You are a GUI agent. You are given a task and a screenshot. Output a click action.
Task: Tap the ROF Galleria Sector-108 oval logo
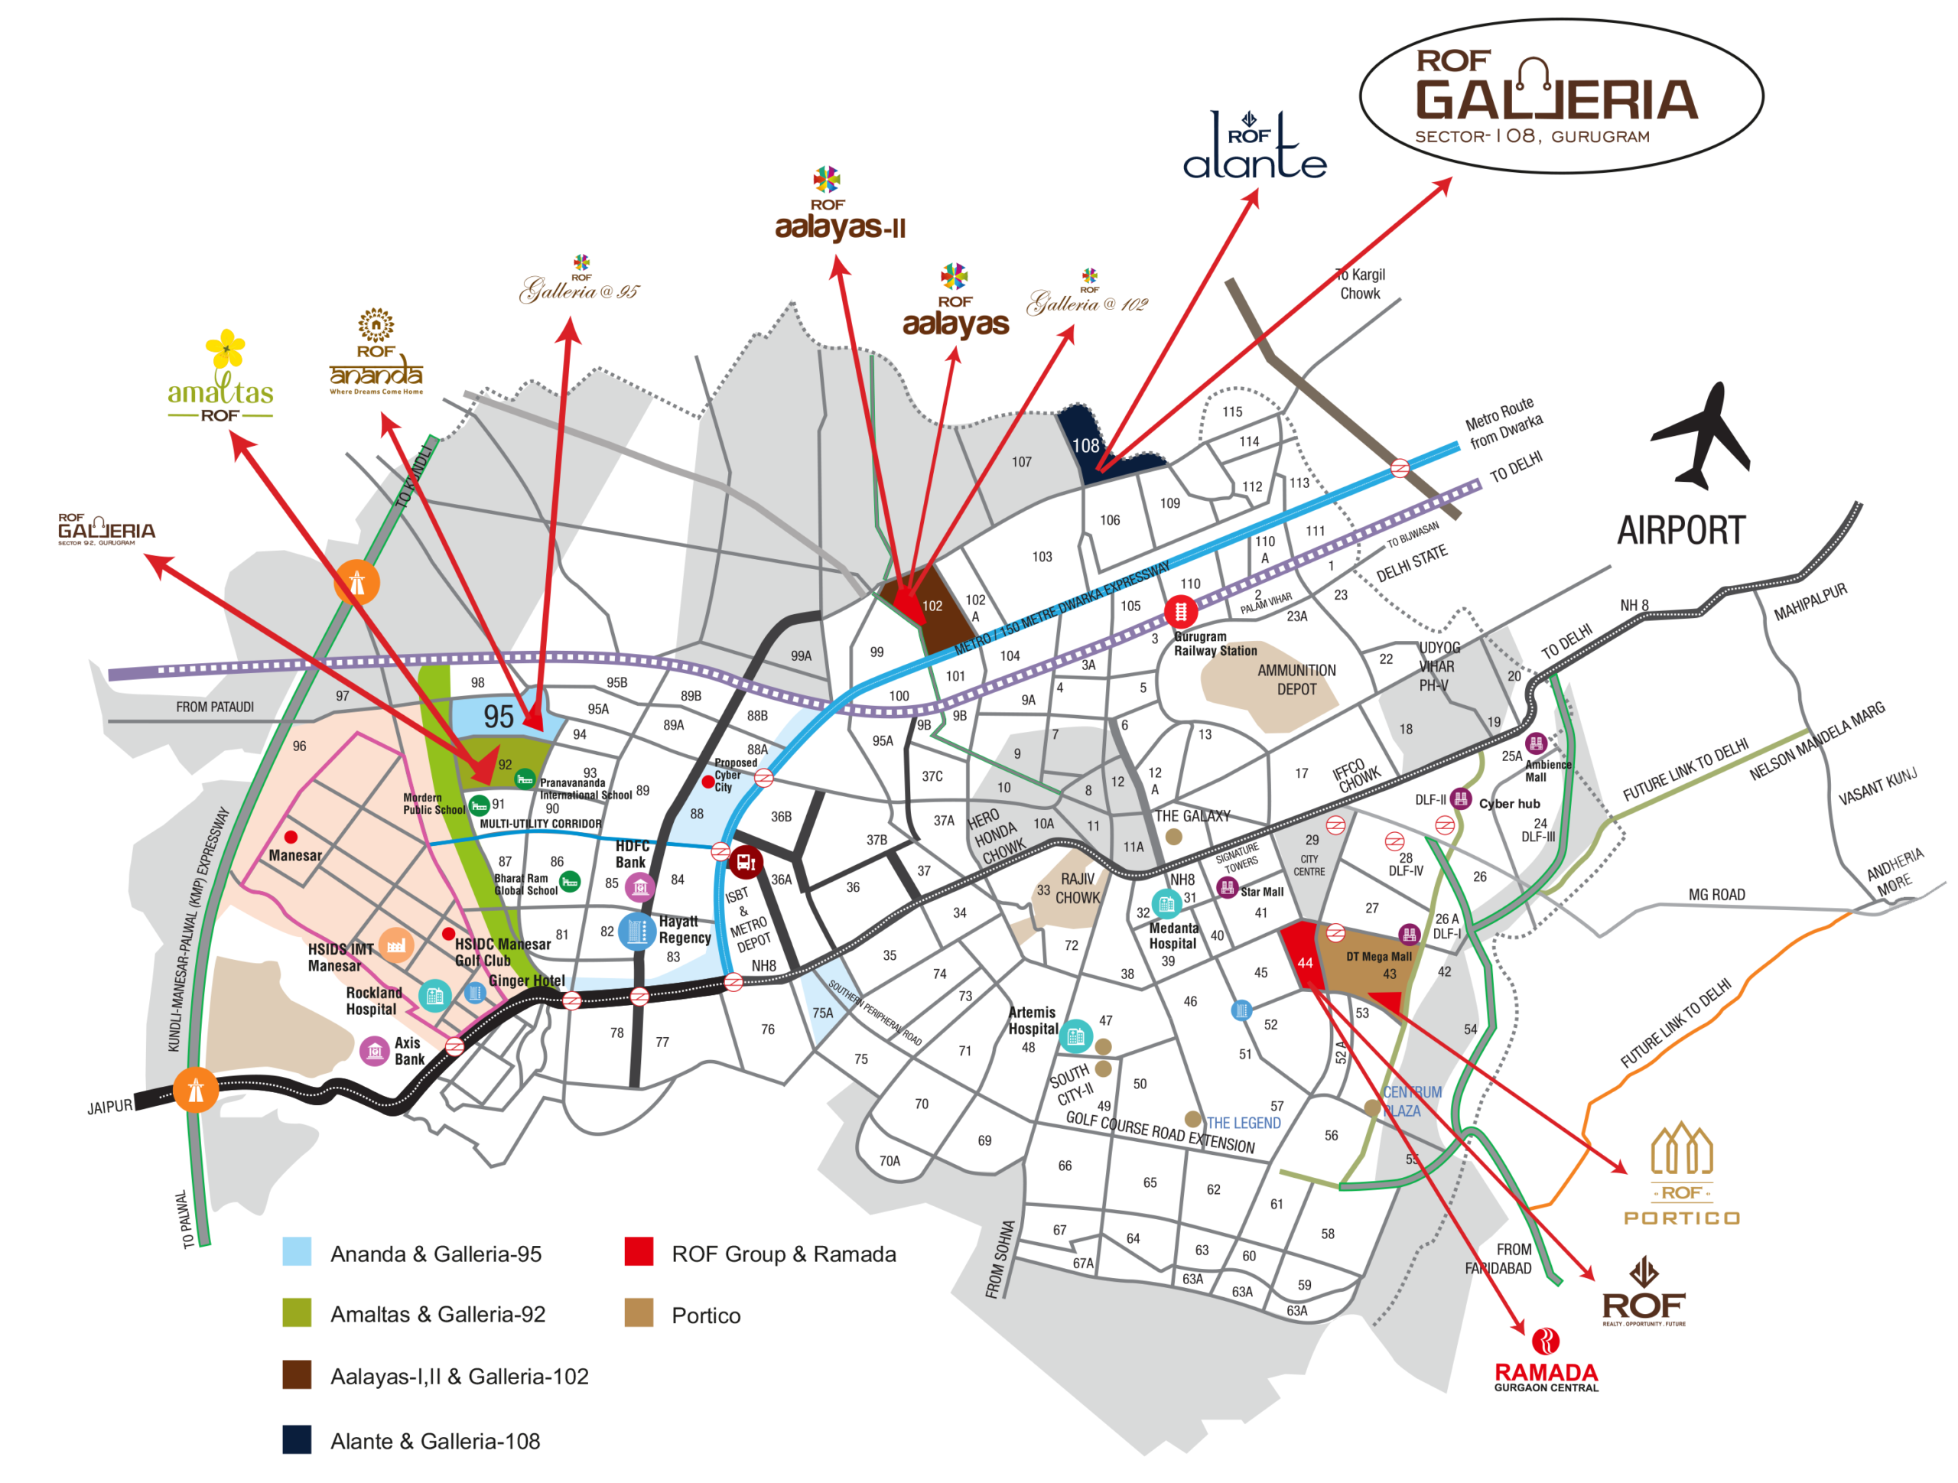(x=1560, y=96)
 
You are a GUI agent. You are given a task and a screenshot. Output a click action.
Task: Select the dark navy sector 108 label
(x=1085, y=446)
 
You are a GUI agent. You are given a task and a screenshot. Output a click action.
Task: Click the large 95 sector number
(x=499, y=717)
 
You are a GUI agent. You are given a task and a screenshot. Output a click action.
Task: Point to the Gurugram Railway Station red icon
(x=1180, y=611)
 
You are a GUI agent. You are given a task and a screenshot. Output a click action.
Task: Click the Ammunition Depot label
(x=1296, y=679)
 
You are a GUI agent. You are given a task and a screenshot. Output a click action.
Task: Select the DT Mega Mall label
(x=1378, y=956)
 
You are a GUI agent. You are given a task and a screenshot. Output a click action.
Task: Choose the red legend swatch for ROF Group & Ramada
(x=638, y=1251)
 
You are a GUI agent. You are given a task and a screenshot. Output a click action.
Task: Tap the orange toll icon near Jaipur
(x=196, y=1090)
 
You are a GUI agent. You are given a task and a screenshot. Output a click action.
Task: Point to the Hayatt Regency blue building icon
(x=636, y=932)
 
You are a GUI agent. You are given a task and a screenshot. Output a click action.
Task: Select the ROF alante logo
(x=1254, y=147)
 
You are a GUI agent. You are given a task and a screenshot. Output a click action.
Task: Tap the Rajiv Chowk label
(x=1077, y=888)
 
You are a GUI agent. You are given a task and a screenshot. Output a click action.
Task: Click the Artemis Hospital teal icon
(x=1075, y=1036)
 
